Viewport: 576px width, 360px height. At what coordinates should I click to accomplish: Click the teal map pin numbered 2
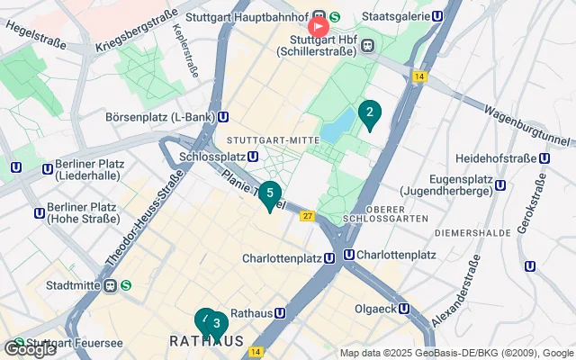click(x=369, y=113)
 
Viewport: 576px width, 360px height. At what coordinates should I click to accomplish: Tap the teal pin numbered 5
click(x=270, y=193)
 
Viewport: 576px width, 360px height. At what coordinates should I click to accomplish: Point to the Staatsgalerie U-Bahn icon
click(x=437, y=16)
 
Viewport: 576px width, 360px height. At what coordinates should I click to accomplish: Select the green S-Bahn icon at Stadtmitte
click(x=126, y=285)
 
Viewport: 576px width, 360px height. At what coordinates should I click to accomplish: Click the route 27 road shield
click(x=307, y=216)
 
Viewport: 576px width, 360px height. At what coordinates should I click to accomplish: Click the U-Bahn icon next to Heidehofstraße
click(x=543, y=158)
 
